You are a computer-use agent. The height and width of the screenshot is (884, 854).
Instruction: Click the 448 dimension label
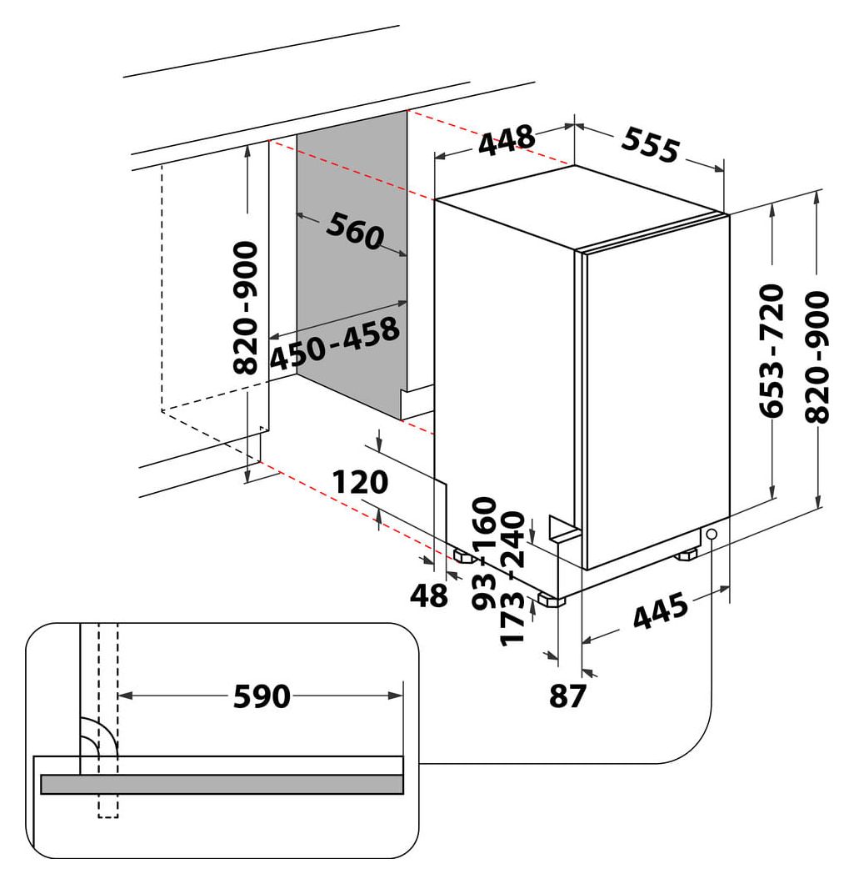(x=506, y=140)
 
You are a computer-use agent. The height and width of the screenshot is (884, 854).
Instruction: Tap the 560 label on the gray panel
(x=354, y=231)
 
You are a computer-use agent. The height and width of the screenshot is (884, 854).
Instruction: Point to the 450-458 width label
(x=335, y=344)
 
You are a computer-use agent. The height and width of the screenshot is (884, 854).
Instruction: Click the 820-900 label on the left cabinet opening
(x=246, y=309)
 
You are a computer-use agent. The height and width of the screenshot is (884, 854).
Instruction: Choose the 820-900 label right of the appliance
(x=820, y=357)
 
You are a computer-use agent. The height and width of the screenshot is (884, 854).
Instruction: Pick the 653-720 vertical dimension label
(x=774, y=350)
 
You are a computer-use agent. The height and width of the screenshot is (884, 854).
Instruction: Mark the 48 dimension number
(x=429, y=595)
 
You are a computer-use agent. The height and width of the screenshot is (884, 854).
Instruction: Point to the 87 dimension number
(x=568, y=696)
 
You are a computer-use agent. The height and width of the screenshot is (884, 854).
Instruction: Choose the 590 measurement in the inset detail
(x=261, y=696)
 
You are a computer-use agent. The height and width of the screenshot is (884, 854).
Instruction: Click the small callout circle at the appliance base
(x=711, y=535)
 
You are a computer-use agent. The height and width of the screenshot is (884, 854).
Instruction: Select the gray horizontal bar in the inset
(x=222, y=784)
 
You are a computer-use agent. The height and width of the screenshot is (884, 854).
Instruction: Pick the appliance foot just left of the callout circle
(x=687, y=554)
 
